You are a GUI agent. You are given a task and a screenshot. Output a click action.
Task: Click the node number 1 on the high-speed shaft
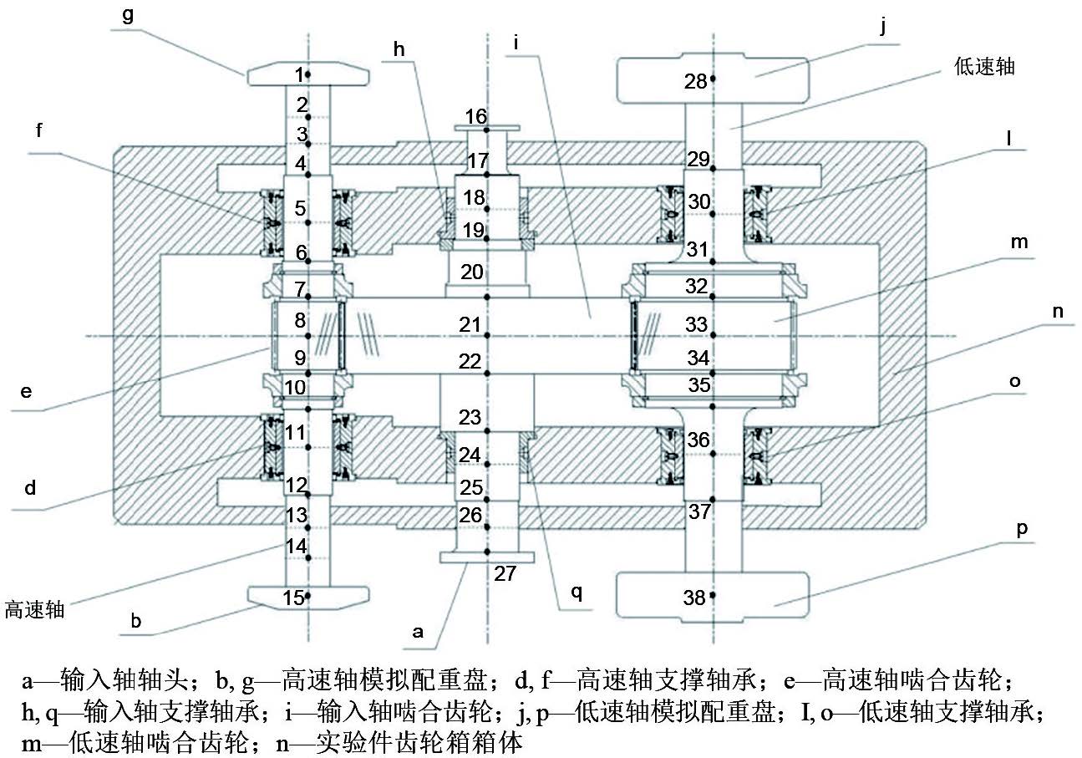click(300, 74)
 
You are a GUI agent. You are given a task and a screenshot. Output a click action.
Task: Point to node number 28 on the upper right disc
click(695, 81)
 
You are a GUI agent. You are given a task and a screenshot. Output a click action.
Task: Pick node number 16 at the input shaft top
click(476, 116)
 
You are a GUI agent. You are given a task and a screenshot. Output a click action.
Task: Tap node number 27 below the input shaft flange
click(505, 573)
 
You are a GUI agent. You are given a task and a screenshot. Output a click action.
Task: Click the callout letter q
click(576, 593)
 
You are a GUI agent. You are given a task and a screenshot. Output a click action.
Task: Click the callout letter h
click(399, 50)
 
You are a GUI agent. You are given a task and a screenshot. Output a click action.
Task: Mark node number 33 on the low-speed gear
click(696, 323)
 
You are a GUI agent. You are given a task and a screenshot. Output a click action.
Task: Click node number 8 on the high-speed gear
click(300, 320)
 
